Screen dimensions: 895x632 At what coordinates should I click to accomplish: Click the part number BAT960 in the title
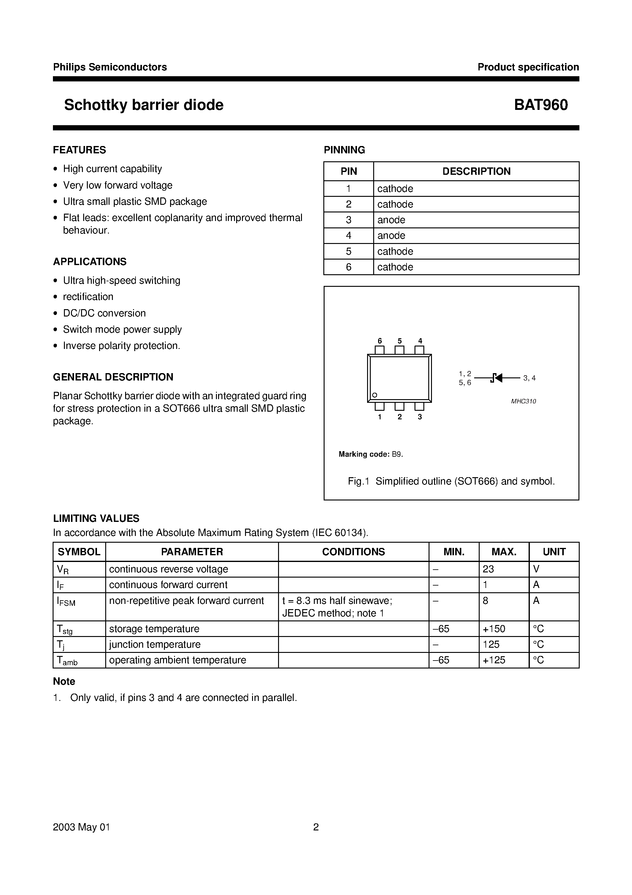pos(541,105)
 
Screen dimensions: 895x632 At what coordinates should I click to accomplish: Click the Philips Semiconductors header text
pos(110,67)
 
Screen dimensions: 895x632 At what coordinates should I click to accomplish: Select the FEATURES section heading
pos(80,150)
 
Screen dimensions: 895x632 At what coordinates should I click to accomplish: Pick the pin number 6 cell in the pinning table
pos(348,267)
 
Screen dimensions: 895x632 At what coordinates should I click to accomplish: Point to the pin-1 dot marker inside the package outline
pos(375,395)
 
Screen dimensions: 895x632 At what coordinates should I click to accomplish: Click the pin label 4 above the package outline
pos(420,341)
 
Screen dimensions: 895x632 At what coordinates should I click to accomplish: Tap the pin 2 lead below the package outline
pos(400,406)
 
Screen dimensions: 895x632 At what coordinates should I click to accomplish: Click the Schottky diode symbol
pos(496,378)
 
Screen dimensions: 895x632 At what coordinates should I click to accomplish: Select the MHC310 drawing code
pos(523,401)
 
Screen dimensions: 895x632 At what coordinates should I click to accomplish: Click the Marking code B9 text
pos(370,454)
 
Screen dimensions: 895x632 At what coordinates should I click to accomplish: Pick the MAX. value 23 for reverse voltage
pos(488,569)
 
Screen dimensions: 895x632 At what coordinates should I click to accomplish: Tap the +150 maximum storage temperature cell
pos(494,629)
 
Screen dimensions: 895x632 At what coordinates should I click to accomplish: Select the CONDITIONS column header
pos(353,552)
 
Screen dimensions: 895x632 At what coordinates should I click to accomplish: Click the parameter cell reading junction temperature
pos(155,644)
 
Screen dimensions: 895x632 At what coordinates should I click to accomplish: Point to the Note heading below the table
pos(64,681)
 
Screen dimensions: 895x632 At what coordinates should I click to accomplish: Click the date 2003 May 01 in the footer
pos(81,827)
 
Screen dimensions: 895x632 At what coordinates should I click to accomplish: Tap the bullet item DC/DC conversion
pos(104,313)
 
